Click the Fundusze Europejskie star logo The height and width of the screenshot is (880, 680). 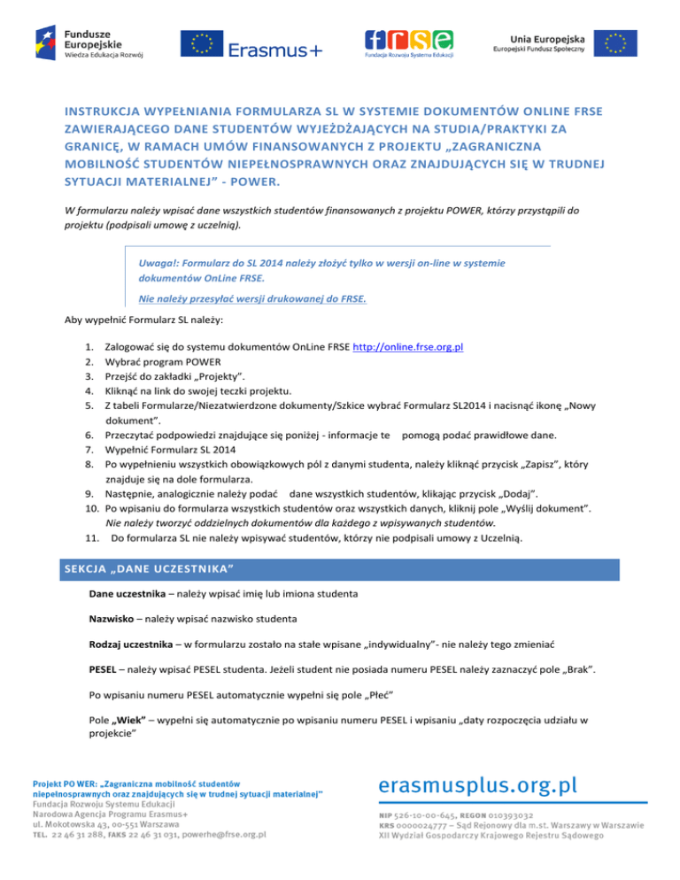(46, 40)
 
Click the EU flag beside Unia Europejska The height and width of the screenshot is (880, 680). (614, 43)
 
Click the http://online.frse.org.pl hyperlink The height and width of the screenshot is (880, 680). (408, 349)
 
